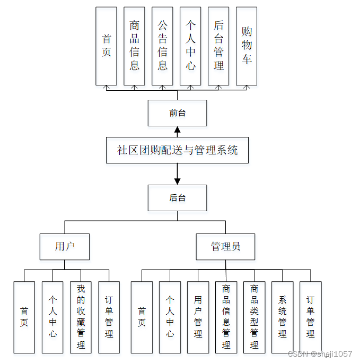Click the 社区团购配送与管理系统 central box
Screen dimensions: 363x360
pyautogui.click(x=177, y=150)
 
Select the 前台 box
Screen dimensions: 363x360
pyautogui.click(x=177, y=113)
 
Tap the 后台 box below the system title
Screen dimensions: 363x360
pyautogui.click(x=177, y=198)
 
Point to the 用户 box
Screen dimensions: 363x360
pyautogui.click(x=65, y=246)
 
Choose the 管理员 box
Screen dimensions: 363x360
pyautogui.click(x=225, y=246)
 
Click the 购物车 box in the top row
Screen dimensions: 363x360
pyautogui.click(x=247, y=46)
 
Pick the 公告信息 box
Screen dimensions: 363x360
pyautogui.click(x=162, y=46)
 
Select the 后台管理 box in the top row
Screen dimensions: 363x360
pyautogui.click(x=218, y=46)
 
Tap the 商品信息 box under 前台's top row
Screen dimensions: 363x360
pyautogui.click(x=134, y=46)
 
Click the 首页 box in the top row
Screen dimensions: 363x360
pyautogui.click(x=106, y=46)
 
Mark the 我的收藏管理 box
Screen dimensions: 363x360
pyautogui.click(x=81, y=317)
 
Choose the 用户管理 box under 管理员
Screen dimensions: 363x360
pyautogui.click(x=198, y=317)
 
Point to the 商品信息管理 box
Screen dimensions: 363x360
pyautogui.click(x=226, y=317)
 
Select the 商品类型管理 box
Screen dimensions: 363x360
pyautogui.click(x=254, y=317)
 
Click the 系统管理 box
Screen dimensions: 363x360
pyautogui.click(x=282, y=317)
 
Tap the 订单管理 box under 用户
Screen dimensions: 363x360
pyautogui.click(x=109, y=317)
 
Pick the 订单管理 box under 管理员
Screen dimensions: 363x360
pyautogui.click(x=310, y=317)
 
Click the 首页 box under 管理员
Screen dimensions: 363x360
pyautogui.click(x=142, y=317)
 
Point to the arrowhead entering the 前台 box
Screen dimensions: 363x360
pyautogui.click(x=177, y=129)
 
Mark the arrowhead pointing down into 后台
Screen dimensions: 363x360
pyautogui.click(x=177, y=181)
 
